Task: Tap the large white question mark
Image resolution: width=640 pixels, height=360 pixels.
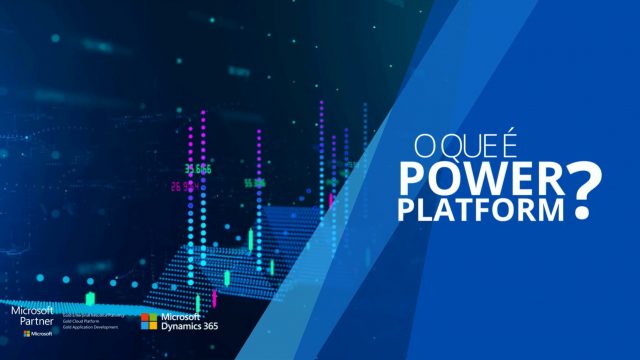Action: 584,190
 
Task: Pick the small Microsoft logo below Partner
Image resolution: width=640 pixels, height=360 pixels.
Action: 37,333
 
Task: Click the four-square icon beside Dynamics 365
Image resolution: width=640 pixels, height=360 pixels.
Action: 147,321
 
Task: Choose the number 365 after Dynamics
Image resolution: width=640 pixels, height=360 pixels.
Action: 209,326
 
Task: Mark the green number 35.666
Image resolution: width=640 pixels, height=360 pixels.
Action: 197,169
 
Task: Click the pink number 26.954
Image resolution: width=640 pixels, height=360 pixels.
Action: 184,186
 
